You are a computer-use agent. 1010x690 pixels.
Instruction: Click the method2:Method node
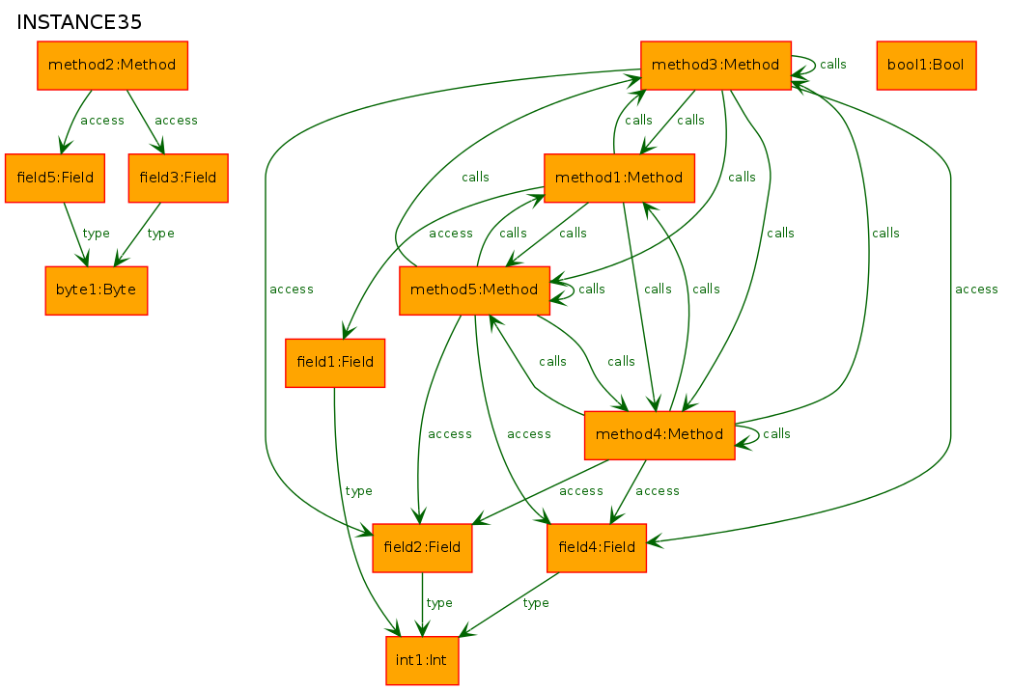click(112, 65)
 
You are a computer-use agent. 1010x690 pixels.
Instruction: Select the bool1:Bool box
click(926, 65)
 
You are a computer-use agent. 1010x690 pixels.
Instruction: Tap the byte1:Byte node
click(96, 290)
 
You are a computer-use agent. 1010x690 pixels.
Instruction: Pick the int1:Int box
click(422, 660)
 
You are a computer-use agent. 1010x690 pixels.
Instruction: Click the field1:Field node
click(335, 363)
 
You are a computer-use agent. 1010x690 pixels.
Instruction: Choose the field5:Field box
click(55, 178)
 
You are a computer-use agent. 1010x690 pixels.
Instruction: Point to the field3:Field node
click(178, 178)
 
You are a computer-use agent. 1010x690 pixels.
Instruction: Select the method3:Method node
click(715, 65)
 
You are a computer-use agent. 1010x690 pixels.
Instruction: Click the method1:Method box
click(619, 178)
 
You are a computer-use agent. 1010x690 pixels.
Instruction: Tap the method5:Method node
click(474, 290)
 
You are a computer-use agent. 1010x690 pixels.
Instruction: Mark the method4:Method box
click(659, 435)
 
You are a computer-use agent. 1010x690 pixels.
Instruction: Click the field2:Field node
click(422, 548)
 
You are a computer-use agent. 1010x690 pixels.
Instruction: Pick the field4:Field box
click(597, 548)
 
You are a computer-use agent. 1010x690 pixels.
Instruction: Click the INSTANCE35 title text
click(78, 22)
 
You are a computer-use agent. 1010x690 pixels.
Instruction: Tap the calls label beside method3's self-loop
click(833, 65)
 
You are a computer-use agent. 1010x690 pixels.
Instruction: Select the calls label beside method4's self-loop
click(776, 434)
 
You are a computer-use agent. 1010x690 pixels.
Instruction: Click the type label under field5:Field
click(96, 233)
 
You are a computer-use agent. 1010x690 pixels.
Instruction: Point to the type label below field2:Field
click(439, 603)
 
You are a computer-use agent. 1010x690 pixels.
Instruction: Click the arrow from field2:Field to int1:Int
click(422, 604)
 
